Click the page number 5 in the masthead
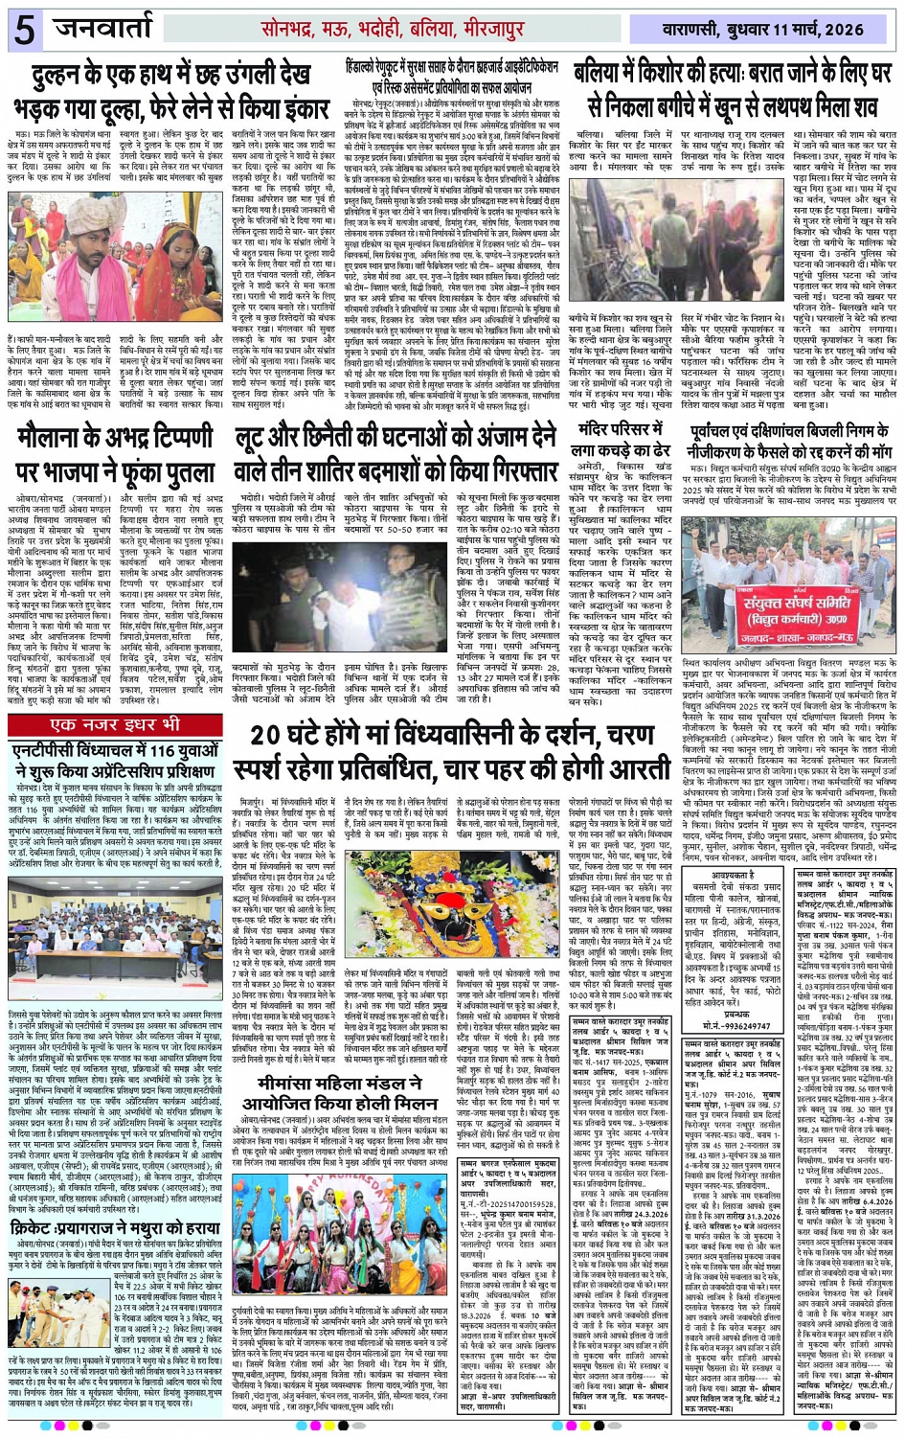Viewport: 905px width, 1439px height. tap(24, 29)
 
